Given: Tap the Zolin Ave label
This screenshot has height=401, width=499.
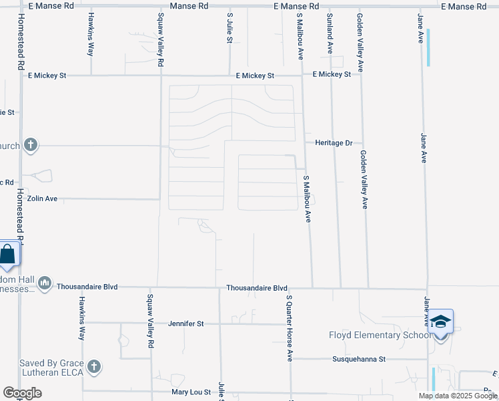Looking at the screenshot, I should (x=42, y=198).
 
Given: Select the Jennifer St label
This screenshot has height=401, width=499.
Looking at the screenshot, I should (x=186, y=323).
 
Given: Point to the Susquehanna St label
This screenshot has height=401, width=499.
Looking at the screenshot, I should (x=359, y=359).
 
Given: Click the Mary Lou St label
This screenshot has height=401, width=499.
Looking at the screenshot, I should (x=191, y=392).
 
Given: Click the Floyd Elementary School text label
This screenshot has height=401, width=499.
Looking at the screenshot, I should (x=379, y=335).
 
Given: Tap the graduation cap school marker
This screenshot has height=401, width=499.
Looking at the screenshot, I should (x=440, y=323).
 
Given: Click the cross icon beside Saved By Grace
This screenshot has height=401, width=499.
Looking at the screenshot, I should (x=94, y=366).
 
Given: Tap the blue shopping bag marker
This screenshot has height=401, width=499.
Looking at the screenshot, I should (x=8, y=254).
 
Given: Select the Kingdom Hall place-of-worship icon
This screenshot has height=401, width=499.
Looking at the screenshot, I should (x=45, y=283).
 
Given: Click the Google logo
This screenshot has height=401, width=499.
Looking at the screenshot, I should (x=22, y=393).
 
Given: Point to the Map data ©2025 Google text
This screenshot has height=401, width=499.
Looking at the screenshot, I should (x=458, y=396).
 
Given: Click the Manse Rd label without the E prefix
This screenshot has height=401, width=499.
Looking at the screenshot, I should (x=189, y=5).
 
